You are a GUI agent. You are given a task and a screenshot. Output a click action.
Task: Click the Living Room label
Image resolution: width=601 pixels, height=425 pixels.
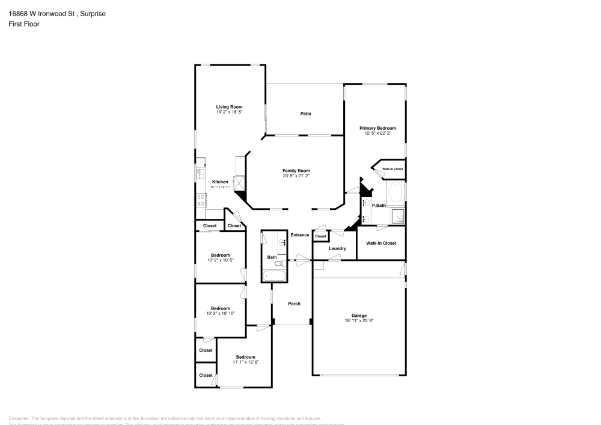click(x=229, y=107)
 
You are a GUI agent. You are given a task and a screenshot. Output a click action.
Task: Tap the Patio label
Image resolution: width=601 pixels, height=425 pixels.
click(x=305, y=113)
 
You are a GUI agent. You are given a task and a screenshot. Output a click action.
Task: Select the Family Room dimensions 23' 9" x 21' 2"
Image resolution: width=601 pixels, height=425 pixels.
click(x=296, y=176)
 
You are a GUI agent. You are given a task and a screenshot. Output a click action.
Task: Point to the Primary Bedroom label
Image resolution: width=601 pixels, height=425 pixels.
click(x=377, y=128)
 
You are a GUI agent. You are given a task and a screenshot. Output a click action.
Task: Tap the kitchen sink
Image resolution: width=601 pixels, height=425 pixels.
click(x=200, y=173)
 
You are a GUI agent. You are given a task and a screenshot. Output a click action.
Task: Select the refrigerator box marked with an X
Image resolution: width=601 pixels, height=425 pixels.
click(x=240, y=182)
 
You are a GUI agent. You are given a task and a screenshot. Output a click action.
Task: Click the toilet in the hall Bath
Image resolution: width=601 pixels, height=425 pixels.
click(x=279, y=263)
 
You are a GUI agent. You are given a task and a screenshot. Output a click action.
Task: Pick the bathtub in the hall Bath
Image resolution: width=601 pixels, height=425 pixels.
click(x=275, y=276)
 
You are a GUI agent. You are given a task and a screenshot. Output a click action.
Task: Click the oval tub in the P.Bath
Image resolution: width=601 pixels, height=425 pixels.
click(x=395, y=192)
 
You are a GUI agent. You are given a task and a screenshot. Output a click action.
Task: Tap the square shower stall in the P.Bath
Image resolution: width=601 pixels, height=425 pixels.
click(x=397, y=215)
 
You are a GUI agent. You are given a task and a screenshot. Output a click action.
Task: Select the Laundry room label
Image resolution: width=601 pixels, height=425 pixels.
click(x=337, y=248)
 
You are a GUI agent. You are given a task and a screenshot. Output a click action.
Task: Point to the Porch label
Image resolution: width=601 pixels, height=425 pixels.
click(x=294, y=304)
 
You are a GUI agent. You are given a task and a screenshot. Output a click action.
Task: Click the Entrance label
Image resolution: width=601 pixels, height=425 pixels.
click(x=299, y=234)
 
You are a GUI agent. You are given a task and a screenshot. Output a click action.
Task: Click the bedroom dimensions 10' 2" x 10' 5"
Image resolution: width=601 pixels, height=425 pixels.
click(x=221, y=260)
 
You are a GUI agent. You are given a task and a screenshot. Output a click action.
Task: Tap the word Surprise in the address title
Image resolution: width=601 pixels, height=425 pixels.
click(x=93, y=13)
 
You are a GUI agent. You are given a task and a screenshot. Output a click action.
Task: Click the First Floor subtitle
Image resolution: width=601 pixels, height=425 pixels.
click(x=24, y=24)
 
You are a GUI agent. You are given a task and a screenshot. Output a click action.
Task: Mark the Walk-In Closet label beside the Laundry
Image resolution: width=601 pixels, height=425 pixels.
click(x=381, y=243)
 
